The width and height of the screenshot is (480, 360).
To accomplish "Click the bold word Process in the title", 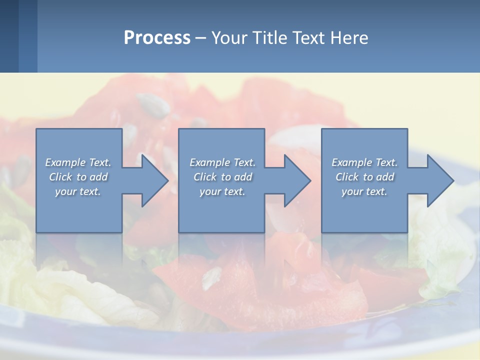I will click(x=157, y=38).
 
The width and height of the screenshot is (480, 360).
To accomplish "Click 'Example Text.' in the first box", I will click(x=78, y=162).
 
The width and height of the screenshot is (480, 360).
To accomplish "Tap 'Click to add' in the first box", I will click(x=78, y=177).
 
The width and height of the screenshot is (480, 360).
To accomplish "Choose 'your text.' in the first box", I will click(x=78, y=191).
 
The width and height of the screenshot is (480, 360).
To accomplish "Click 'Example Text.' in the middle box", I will click(x=222, y=162).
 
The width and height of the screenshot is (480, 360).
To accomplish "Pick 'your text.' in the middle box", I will click(x=222, y=191).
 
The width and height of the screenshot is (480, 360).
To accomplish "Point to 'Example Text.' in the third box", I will click(x=364, y=162).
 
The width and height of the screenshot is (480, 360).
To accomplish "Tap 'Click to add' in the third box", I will click(x=364, y=177).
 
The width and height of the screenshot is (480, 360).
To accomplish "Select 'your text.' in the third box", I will click(x=364, y=191).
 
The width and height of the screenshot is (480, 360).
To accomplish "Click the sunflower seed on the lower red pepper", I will click(x=212, y=278).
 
